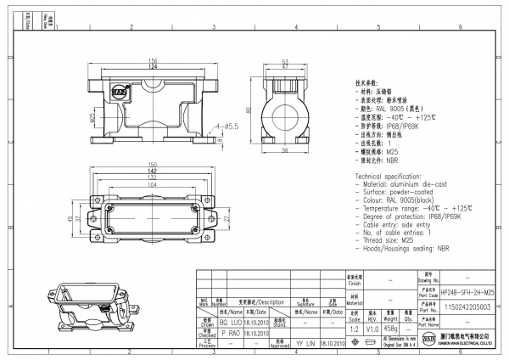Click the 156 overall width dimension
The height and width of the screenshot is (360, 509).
point(154,60)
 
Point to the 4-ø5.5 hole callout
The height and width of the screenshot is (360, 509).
point(229,126)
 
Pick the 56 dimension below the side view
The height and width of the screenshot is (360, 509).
point(285,149)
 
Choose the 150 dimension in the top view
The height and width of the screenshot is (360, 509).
point(154,163)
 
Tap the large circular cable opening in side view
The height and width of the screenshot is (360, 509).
point(285,113)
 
